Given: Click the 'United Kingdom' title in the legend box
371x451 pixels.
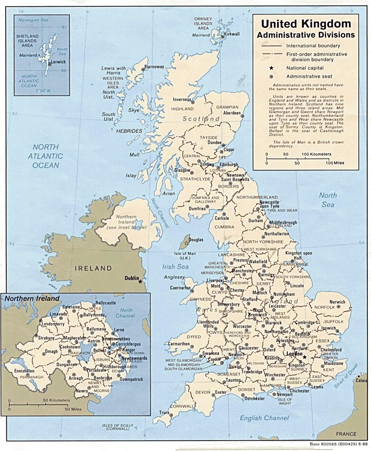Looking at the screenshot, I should click(306, 24).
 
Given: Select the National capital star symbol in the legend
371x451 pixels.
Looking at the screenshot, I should click(271, 68).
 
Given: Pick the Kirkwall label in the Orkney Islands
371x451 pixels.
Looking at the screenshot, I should click(232, 34).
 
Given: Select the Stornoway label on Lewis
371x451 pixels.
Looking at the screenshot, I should click(154, 67).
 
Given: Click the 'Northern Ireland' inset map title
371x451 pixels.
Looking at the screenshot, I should click(32, 298).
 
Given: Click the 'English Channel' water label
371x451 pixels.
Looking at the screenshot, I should click(264, 418).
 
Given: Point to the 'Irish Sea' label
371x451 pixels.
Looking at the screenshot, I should click(175, 267).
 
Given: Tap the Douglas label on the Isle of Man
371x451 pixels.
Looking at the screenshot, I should click(196, 240).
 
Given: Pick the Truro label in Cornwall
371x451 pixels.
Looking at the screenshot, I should click(164, 413).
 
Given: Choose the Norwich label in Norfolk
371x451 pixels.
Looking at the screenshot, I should click(337, 302).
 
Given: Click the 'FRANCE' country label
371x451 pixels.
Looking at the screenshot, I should click(346, 434).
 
